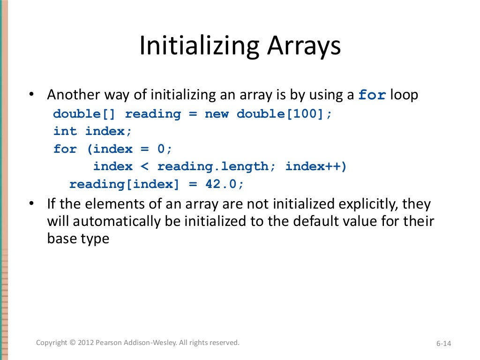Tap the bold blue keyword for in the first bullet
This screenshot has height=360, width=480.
[x=372, y=95]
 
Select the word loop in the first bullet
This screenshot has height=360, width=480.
[x=404, y=95]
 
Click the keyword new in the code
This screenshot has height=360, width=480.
[x=216, y=114]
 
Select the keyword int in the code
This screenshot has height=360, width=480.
[x=65, y=132]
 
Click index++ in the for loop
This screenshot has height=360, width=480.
[x=316, y=166]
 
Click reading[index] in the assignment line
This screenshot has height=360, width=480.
[x=124, y=184]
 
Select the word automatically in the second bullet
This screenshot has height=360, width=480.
[x=124, y=222]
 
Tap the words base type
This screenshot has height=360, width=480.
[x=78, y=239]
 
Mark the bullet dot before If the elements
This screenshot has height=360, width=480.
[x=31, y=204]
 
